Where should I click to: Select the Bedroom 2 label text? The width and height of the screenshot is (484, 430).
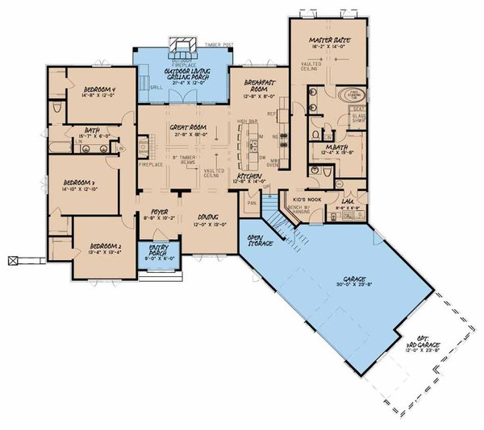(x=105, y=245)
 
